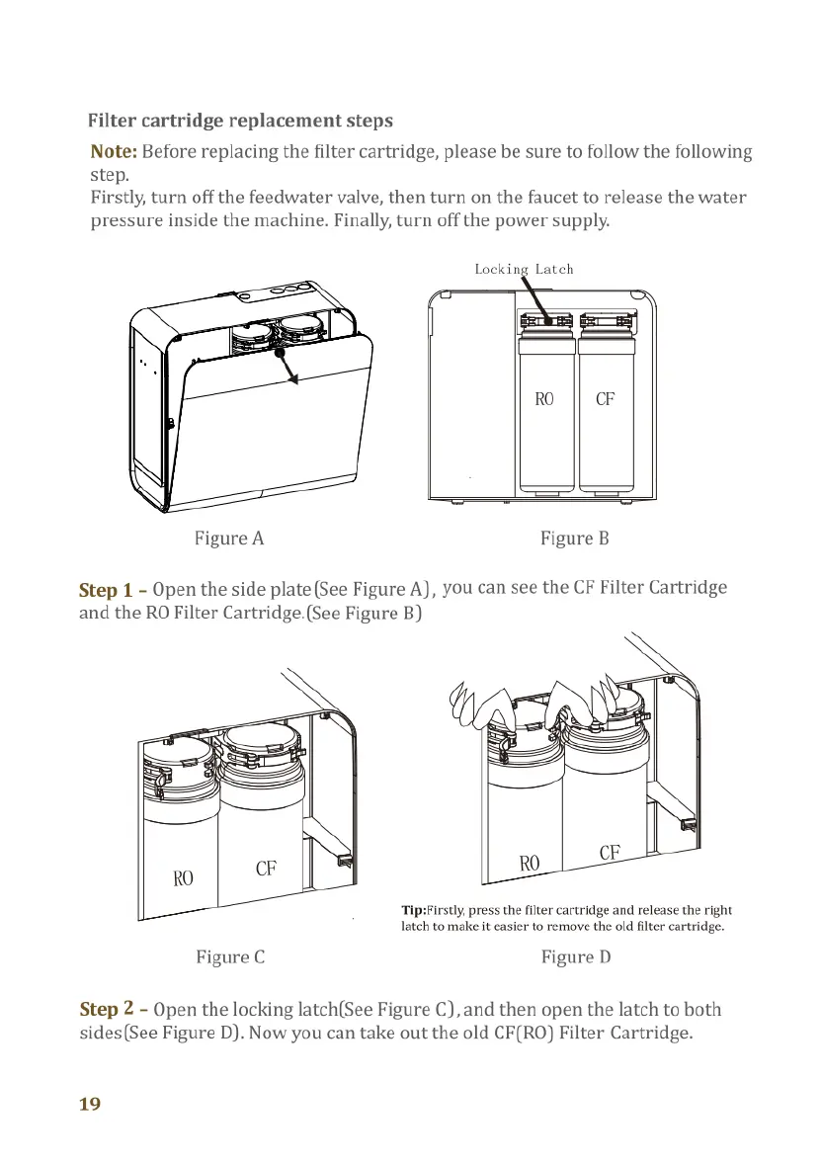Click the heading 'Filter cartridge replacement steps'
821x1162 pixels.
tap(240, 122)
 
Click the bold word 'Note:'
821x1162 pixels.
tap(114, 152)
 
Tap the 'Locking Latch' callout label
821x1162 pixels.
tap(524, 269)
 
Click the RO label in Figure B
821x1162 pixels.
tap(544, 399)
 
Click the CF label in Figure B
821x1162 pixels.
tap(606, 399)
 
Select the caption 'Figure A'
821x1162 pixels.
tap(229, 539)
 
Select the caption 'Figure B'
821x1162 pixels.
tap(575, 539)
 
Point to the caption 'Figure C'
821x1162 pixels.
tap(230, 956)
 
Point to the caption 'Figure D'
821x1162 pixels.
tap(576, 956)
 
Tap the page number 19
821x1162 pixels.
tap(90, 1105)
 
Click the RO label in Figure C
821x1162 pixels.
tap(183, 877)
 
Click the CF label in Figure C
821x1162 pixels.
tap(265, 869)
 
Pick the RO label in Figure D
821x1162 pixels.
tap(531, 863)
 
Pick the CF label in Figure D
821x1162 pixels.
tap(610, 852)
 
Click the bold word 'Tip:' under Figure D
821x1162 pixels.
tap(413, 910)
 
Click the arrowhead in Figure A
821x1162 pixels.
tap(292, 383)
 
